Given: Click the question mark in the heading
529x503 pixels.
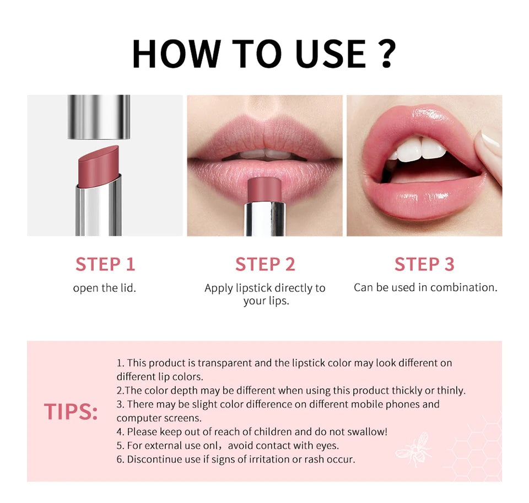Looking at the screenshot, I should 387,53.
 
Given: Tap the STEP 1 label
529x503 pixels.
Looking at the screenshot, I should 105,264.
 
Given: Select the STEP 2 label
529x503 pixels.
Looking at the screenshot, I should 265,264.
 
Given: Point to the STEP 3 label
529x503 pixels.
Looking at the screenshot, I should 424,264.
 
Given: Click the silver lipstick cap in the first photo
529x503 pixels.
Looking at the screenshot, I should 99,116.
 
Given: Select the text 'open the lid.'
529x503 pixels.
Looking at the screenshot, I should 105,288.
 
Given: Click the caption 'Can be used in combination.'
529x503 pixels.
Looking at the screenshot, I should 425,287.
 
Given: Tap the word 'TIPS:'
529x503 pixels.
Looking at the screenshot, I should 71,412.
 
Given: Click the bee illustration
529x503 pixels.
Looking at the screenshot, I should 413,447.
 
